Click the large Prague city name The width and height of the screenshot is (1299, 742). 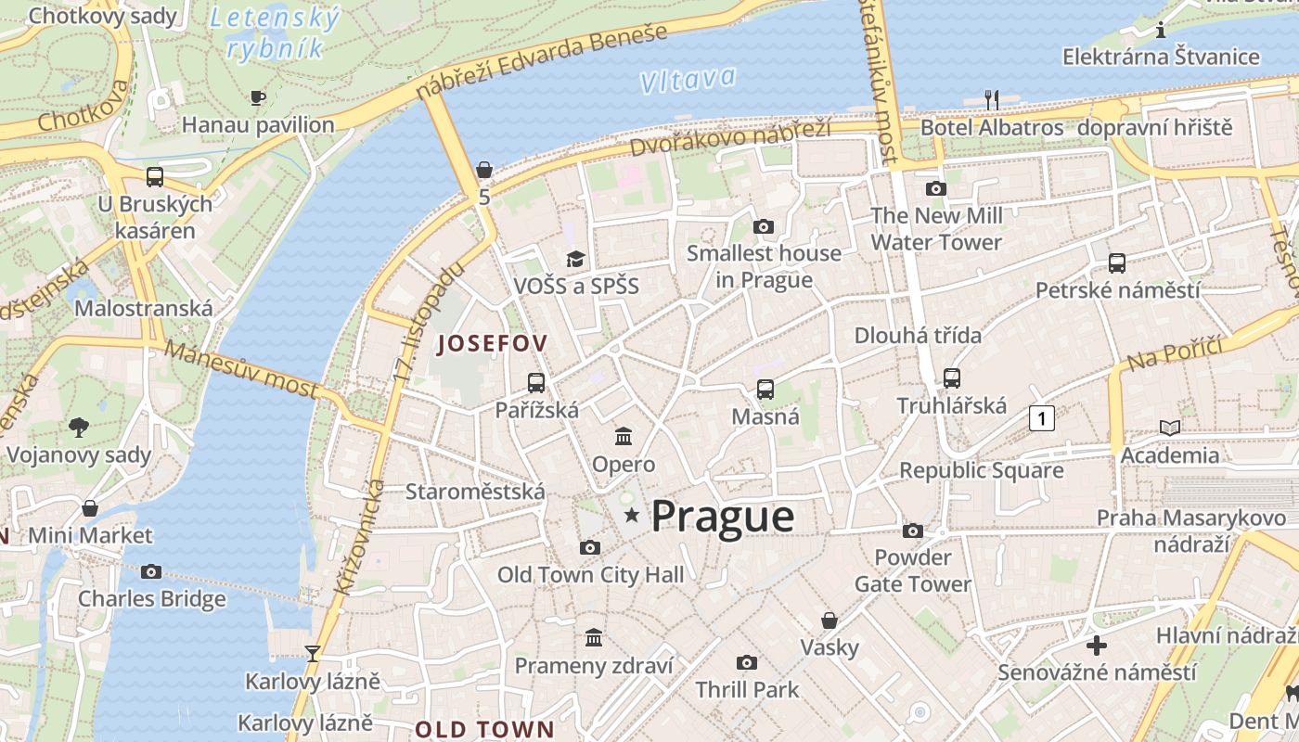coord(722,517)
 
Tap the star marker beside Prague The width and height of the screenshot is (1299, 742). coord(632,514)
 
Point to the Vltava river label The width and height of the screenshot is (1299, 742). coord(688,80)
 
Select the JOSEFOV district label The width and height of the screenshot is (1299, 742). coord(492,343)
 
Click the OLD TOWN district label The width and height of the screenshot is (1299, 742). coord(483,728)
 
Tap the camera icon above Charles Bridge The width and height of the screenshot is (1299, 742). coord(151,571)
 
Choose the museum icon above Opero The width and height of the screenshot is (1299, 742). coord(624,436)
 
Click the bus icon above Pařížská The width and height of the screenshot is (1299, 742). coord(536,382)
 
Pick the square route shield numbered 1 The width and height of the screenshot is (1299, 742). coord(1042,418)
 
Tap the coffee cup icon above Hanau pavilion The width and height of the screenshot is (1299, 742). coord(258,97)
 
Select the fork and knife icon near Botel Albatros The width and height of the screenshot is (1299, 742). coord(992,99)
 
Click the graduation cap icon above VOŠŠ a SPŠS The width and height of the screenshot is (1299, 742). coord(576,259)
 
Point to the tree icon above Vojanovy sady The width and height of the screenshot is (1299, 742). coord(79,427)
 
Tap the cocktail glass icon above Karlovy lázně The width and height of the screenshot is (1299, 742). coord(313,653)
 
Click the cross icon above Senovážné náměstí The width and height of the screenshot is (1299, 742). coord(1097,645)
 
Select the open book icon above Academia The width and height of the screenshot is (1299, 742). coord(1170,428)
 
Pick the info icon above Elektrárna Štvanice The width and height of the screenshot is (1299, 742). coord(1161,31)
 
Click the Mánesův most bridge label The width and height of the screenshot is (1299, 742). coord(242,368)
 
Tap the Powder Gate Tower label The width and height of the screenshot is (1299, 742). coord(913,570)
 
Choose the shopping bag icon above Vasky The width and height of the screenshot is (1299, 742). coord(830,620)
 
